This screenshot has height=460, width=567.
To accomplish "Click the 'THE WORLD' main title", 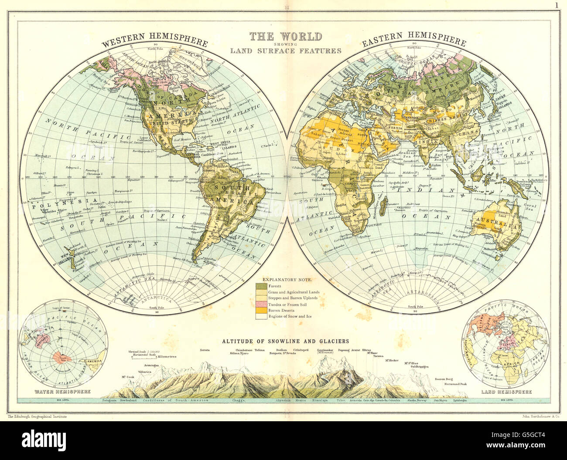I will pos(285,36).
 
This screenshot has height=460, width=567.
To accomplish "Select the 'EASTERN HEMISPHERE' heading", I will pos(414,42).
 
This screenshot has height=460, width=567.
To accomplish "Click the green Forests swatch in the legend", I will pos(262,285).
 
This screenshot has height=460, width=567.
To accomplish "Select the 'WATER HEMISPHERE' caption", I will pos(56,392).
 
